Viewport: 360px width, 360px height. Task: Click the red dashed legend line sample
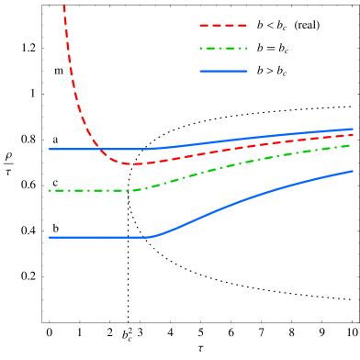click(x=223, y=26)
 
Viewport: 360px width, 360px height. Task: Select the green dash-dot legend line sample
click(x=223, y=48)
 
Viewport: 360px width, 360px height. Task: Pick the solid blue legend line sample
click(x=223, y=71)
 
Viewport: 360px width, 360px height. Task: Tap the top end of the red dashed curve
click(x=63, y=6)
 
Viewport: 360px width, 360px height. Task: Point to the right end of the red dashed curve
click(x=354, y=135)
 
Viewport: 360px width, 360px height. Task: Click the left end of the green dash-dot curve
click(x=49, y=191)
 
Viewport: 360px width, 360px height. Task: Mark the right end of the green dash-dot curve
click(x=354, y=144)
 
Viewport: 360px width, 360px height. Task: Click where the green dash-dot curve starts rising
click(x=136, y=190)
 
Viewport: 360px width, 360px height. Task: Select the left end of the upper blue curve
click(x=49, y=149)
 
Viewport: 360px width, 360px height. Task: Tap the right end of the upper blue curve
click(x=354, y=129)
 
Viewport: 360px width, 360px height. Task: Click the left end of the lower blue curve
click(x=49, y=237)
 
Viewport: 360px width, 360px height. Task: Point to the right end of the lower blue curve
click(x=354, y=171)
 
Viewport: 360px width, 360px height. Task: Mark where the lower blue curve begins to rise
click(x=149, y=237)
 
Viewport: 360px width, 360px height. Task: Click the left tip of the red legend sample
click(x=200, y=26)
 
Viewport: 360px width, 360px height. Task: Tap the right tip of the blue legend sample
click(x=247, y=71)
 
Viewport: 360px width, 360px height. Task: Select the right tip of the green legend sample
click(x=247, y=48)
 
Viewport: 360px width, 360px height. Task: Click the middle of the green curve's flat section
click(x=92, y=191)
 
